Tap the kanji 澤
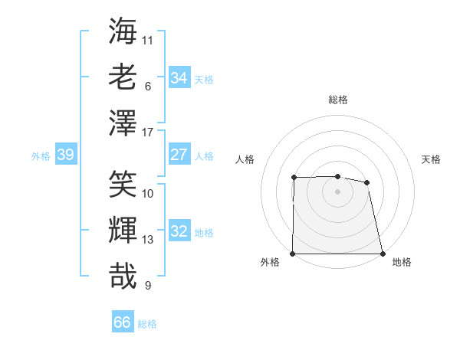(x=123, y=123)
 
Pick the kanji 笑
(x=123, y=184)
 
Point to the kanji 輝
(x=123, y=230)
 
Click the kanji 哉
(x=123, y=276)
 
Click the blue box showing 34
(x=179, y=77)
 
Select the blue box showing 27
(x=179, y=154)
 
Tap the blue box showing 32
(x=179, y=231)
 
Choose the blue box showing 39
(x=65, y=155)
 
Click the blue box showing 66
(x=122, y=322)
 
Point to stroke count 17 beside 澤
(x=148, y=133)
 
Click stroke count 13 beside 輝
(x=148, y=240)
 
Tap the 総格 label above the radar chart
(x=337, y=100)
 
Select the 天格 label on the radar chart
(x=431, y=159)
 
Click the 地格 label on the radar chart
(x=402, y=263)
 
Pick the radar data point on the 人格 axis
(x=294, y=178)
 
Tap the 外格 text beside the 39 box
(x=41, y=156)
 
